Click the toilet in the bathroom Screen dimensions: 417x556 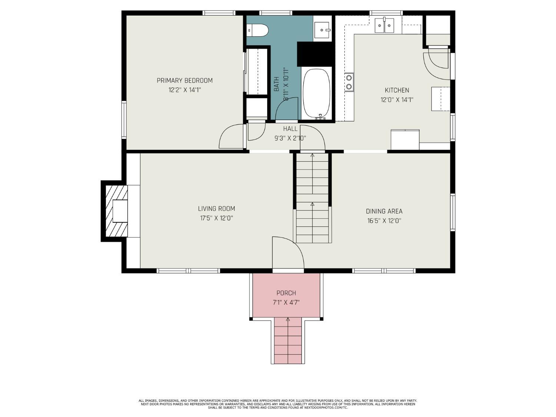click(257, 30)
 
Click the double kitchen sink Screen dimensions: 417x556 click(384, 26)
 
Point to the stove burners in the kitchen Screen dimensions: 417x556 click(349, 82)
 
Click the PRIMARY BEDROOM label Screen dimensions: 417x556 click(185, 80)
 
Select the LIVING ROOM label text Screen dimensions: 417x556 click(216, 209)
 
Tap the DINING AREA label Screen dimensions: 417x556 click(384, 211)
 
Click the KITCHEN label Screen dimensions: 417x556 click(397, 90)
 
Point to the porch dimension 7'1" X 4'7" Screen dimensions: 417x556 click(286, 302)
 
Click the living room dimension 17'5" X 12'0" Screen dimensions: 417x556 click(216, 218)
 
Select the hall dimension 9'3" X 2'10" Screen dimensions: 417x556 click(290, 138)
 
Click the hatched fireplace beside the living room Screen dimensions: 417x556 click(116, 211)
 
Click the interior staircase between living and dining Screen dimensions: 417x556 click(312, 198)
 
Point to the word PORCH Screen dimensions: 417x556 click(286, 293)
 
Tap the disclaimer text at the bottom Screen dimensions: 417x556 click(278, 404)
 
